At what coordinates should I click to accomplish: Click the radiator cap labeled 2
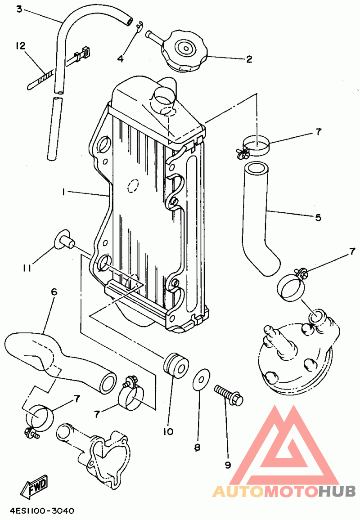pos(184,51)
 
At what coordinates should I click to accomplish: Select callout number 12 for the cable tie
pos(20,46)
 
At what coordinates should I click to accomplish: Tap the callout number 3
pos(19,9)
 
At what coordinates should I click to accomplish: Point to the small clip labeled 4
pos(139,27)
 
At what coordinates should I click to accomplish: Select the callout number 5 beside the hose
pos(318,218)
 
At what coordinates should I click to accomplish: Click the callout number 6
pos(54,292)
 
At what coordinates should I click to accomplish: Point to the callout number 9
pos(228,465)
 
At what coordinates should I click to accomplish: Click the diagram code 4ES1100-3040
pos(42,511)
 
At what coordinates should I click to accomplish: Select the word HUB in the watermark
pos(337,492)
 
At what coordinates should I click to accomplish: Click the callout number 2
pos(249,59)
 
